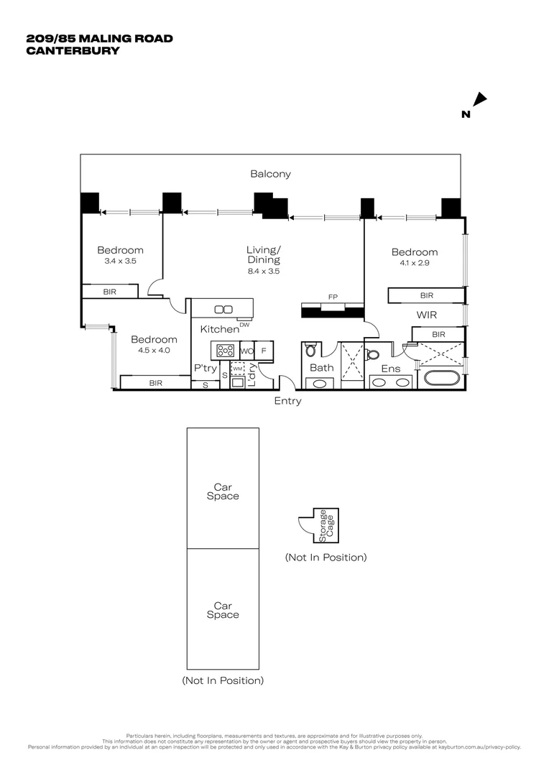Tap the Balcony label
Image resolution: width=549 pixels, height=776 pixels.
click(270, 174)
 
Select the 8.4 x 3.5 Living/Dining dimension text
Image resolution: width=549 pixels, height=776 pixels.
click(264, 272)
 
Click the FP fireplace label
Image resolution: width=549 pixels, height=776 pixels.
click(333, 296)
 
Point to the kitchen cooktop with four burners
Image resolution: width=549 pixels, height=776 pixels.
click(225, 351)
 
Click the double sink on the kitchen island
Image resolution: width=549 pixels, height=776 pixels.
click(223, 310)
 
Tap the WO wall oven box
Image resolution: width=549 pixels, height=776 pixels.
click(246, 351)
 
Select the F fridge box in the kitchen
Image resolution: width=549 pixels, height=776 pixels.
click(264, 351)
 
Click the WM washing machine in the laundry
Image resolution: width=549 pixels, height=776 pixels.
click(238, 368)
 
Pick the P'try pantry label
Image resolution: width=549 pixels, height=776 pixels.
click(206, 368)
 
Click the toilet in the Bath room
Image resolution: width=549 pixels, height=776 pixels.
click(310, 350)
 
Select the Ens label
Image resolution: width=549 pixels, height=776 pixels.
click(390, 368)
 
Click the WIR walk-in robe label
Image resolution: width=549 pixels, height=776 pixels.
click(427, 315)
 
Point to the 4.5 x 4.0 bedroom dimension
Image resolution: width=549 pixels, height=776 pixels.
click(154, 351)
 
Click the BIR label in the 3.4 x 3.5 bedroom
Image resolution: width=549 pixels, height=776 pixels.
click(109, 292)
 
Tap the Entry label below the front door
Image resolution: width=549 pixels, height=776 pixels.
click(287, 401)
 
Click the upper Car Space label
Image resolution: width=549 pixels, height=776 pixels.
click(223, 492)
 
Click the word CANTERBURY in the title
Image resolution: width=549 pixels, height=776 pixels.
click(72, 50)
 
